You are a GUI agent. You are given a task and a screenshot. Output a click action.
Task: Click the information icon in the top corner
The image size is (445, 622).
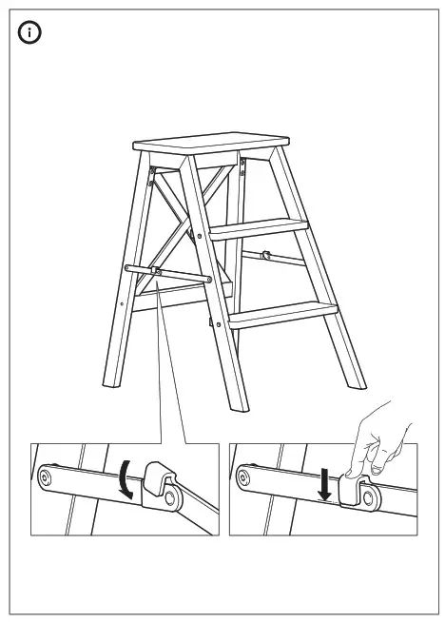[x=31, y=33]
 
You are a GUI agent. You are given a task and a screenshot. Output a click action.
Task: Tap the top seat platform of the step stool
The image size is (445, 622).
[x=210, y=146]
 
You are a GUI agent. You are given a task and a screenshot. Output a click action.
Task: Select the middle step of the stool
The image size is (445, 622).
[x=260, y=227]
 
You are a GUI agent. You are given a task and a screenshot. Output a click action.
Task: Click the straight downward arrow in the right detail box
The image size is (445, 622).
[x=325, y=481]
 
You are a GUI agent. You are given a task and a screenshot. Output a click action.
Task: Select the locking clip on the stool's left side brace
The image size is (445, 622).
[x=155, y=273]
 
